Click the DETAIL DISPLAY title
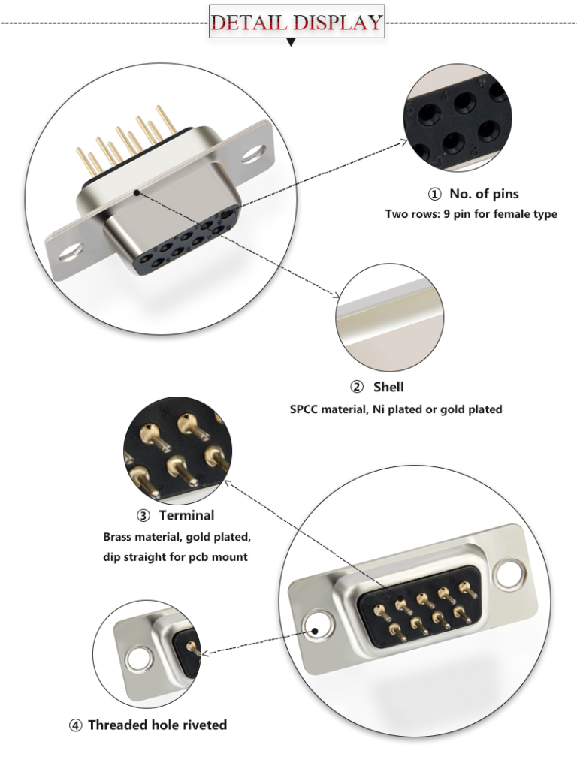(297, 22)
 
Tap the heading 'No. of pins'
(484, 194)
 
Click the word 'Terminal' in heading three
(186, 515)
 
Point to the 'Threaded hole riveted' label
(157, 725)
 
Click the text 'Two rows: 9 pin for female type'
(471, 214)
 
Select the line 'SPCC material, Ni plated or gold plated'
(396, 409)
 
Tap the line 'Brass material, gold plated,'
(177, 538)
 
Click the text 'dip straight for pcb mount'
(175, 557)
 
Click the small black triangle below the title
(292, 43)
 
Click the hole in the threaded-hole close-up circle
(139, 660)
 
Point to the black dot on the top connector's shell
(136, 192)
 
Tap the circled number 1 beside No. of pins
(434, 195)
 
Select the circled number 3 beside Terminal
(143, 516)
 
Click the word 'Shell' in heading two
(388, 387)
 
